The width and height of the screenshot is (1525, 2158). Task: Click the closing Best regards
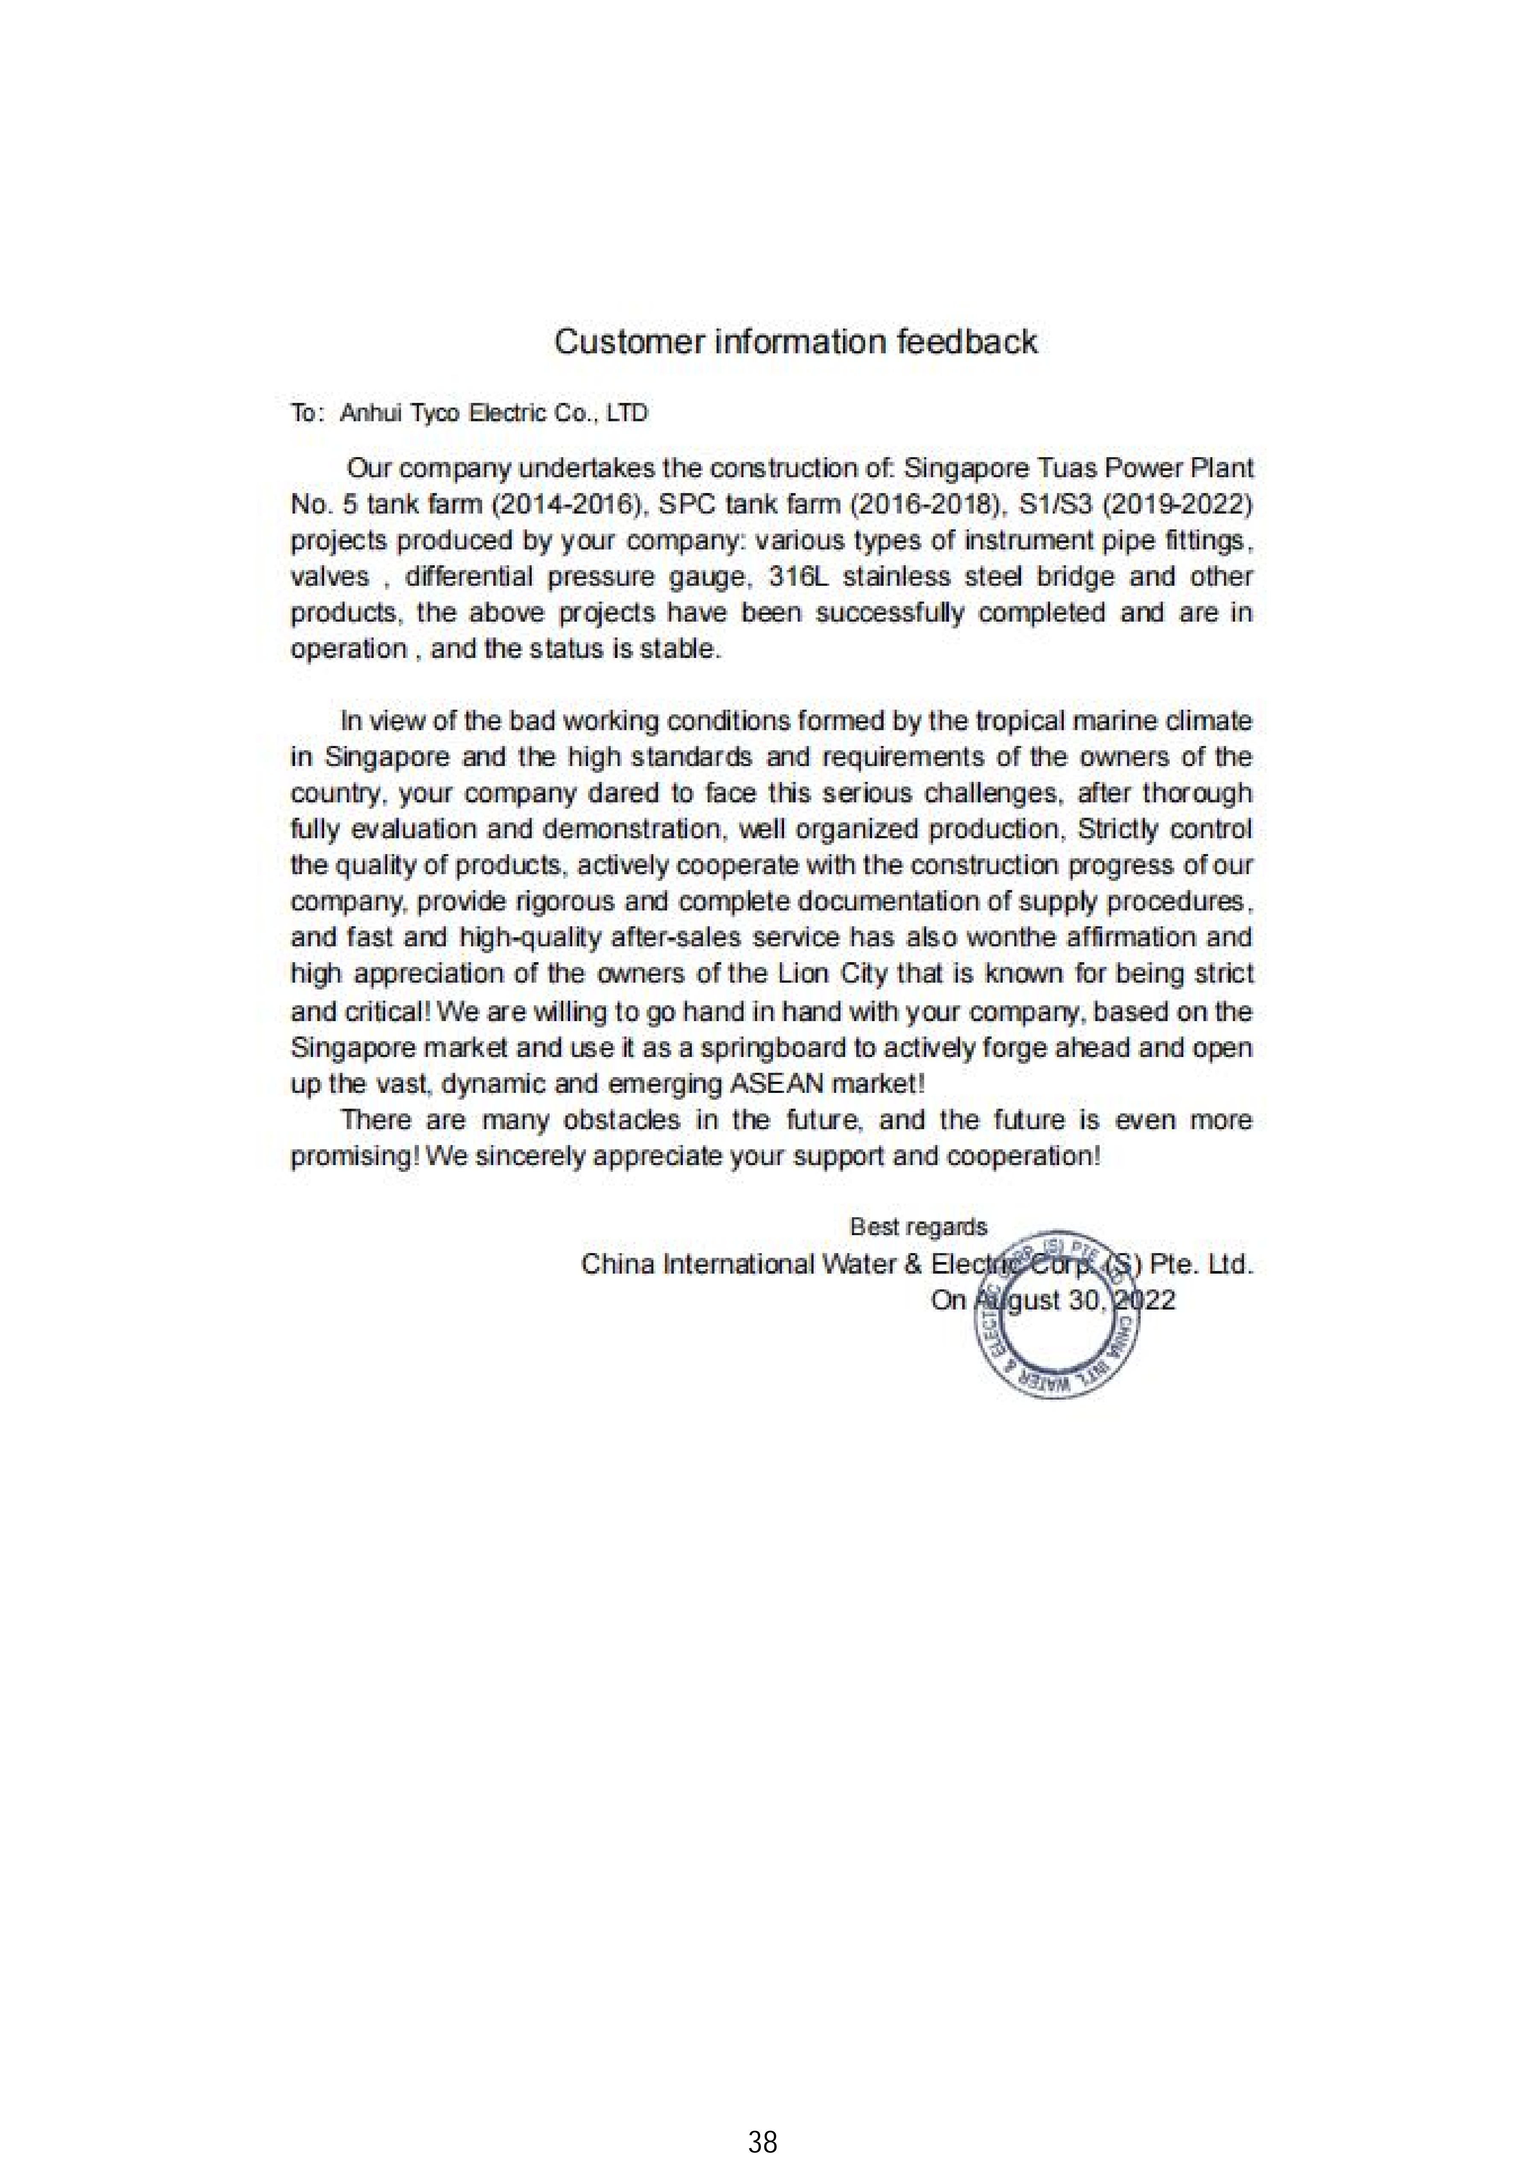pos(918,1227)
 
